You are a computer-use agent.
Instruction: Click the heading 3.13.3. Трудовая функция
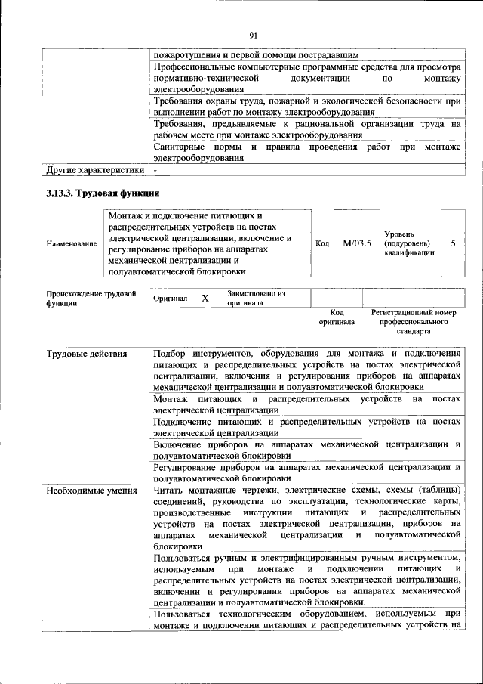point(102,193)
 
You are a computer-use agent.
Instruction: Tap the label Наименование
point(72,244)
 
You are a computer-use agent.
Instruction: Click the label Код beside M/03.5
point(322,243)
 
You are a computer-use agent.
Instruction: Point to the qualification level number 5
point(453,243)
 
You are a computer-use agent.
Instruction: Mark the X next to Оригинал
point(205,299)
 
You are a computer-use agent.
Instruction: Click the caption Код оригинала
point(337,316)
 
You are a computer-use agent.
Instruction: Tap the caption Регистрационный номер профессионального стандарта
point(414,321)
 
